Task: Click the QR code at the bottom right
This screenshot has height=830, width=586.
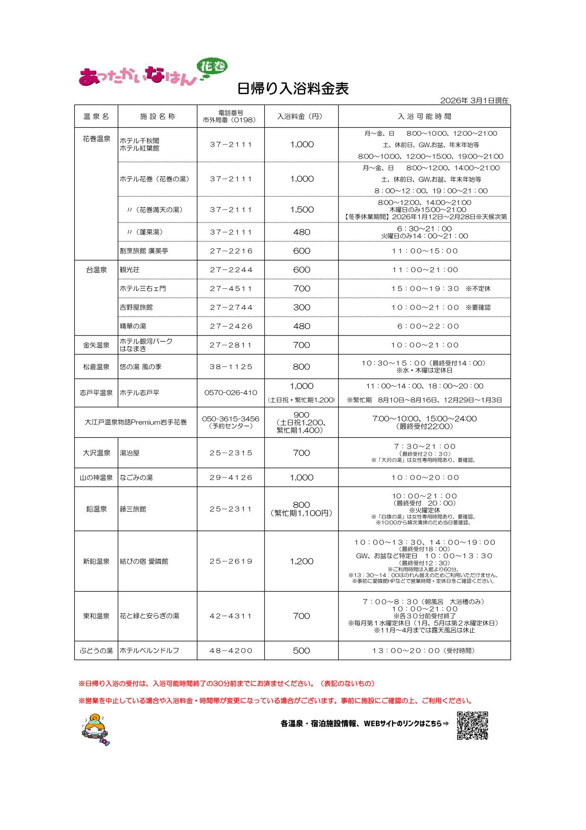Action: click(472, 725)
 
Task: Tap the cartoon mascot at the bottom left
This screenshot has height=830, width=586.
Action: click(96, 729)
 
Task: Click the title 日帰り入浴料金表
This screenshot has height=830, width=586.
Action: click(293, 88)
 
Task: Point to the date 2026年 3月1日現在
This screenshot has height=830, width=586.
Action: click(474, 100)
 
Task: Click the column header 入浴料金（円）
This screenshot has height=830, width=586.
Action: click(301, 116)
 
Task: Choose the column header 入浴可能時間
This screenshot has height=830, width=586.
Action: click(424, 116)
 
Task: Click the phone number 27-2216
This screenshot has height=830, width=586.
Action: click(231, 251)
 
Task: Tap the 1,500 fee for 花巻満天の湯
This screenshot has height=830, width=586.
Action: click(302, 210)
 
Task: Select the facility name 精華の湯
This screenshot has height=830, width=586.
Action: click(133, 326)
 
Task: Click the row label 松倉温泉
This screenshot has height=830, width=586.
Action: click(96, 367)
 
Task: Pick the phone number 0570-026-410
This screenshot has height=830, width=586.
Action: click(231, 393)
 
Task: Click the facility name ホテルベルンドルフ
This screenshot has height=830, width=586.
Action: click(149, 651)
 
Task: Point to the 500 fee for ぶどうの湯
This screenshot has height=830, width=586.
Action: click(302, 651)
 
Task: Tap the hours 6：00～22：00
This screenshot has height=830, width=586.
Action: click(424, 326)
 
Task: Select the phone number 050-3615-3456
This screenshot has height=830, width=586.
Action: click(231, 419)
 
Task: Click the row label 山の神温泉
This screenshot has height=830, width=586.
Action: click(96, 477)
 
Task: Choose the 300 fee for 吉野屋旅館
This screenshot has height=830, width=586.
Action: click(302, 307)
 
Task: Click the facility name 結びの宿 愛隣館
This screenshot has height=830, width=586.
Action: click(144, 561)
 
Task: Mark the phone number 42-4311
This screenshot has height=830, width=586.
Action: click(231, 616)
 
